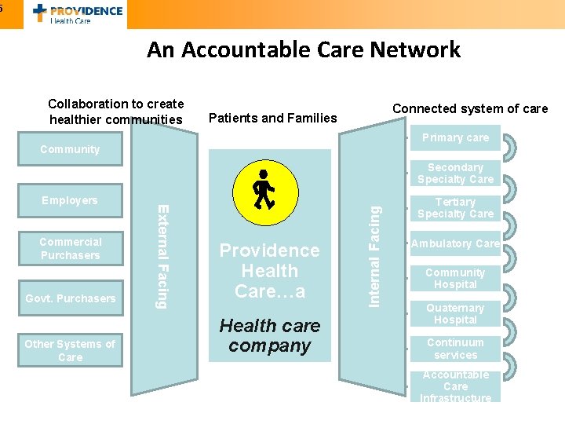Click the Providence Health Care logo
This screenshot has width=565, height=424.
click(x=78, y=13)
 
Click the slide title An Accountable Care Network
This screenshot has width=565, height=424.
click(x=303, y=50)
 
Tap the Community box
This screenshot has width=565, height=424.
click(x=70, y=149)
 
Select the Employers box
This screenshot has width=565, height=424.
click(x=70, y=200)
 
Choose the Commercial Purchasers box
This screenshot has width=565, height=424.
click(x=70, y=248)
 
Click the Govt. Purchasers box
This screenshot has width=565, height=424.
click(x=70, y=298)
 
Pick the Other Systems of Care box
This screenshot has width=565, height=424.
click(x=70, y=350)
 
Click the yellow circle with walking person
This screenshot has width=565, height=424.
click(x=264, y=191)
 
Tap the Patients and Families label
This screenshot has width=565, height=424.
click(x=272, y=119)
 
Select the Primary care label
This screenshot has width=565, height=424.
click(x=455, y=137)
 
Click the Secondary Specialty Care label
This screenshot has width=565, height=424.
click(x=455, y=173)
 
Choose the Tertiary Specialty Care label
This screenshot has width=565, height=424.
click(x=455, y=208)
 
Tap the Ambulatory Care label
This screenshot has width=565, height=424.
click(x=455, y=243)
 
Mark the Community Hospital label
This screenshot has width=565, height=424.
click(x=455, y=279)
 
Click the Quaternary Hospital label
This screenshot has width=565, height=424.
click(x=455, y=314)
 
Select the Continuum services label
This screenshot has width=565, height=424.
click(x=455, y=349)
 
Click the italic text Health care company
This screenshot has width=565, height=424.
click(x=269, y=335)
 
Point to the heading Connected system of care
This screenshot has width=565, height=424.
click(x=470, y=109)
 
